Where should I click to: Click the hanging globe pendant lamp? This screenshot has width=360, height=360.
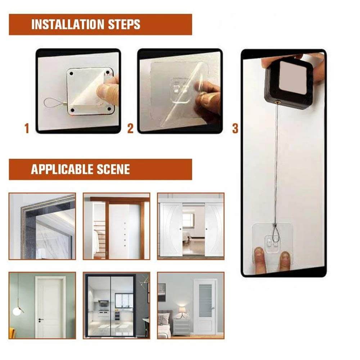17,310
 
